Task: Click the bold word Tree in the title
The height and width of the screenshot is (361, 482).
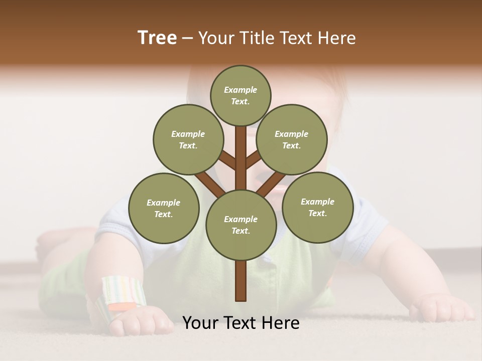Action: (x=157, y=38)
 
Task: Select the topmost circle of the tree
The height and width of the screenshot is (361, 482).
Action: (x=240, y=95)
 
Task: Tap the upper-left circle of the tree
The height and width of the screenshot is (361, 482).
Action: (x=188, y=139)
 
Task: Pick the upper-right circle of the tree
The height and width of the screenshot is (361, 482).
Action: (x=292, y=139)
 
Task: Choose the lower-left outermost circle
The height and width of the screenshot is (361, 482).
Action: (x=164, y=208)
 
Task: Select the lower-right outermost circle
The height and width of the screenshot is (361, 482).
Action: (x=317, y=207)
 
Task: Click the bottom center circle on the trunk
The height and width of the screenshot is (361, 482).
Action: (x=241, y=225)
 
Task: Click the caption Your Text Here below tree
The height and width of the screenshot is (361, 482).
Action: (x=241, y=323)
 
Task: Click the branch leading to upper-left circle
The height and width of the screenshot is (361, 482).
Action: (x=227, y=160)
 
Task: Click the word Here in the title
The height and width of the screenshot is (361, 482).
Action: (x=336, y=38)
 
